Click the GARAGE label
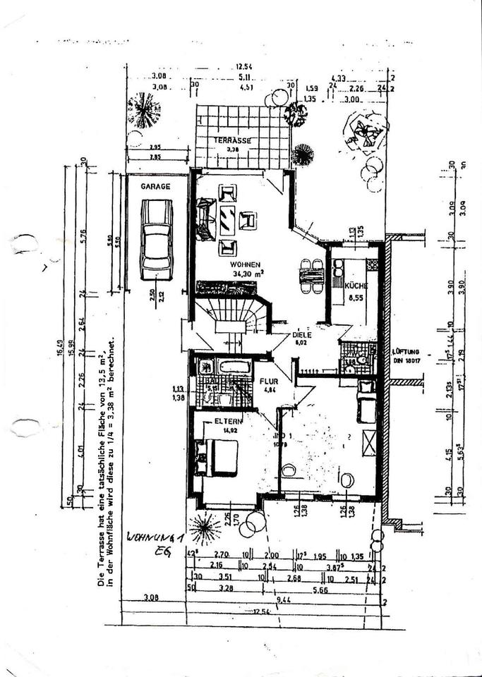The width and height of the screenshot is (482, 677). coord(155,187)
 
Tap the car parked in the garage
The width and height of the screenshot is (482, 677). coord(157,239)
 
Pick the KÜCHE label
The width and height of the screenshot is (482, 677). coord(354,286)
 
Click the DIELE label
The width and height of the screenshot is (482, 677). coord(301,335)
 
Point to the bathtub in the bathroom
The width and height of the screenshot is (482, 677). coord(234,367)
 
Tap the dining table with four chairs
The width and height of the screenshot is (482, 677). coord(311,276)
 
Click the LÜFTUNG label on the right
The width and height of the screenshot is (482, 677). coord(406,350)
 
